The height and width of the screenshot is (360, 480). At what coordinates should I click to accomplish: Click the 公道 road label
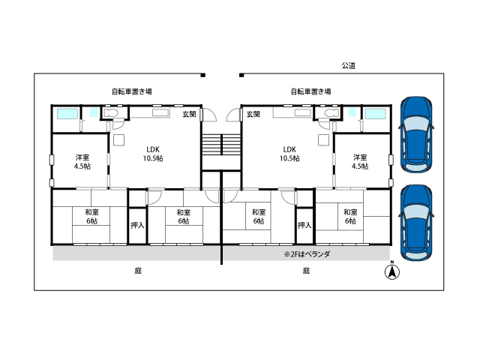348,65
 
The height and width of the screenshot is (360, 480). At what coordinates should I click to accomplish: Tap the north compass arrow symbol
391,271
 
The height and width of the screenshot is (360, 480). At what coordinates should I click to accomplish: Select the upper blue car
416,135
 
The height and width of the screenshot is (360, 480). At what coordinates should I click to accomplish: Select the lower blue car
416,223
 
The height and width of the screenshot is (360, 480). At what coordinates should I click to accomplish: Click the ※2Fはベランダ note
307,254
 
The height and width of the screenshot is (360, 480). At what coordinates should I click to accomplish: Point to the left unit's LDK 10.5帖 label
153,154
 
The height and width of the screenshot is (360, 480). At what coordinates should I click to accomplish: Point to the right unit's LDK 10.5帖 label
289,154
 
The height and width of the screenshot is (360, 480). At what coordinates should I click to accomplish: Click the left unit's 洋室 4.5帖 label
82,162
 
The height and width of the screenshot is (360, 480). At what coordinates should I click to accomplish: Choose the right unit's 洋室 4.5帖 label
360,162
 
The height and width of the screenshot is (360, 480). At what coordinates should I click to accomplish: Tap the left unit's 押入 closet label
137,225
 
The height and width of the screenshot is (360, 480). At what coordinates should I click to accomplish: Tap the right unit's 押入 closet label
304,225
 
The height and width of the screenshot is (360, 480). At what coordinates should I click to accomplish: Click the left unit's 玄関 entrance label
189,114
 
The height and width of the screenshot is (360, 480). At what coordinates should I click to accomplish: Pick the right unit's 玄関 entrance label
253,114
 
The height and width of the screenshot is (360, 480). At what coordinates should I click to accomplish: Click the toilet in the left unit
110,112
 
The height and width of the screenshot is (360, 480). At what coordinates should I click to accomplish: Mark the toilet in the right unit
331,112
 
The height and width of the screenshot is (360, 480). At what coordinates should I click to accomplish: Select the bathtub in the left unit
67,113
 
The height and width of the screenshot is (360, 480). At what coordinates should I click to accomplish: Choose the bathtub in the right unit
376,113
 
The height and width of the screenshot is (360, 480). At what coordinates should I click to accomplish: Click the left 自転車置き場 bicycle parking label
132,91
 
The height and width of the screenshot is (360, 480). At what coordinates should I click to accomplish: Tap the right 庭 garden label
307,271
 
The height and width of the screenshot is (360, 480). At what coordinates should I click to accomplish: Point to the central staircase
221,145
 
